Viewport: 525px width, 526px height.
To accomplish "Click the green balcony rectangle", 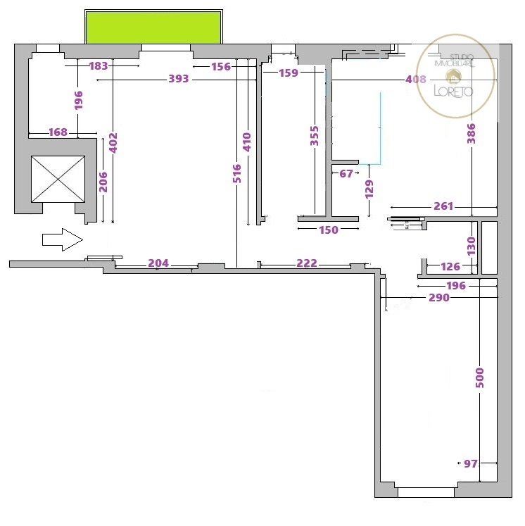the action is [x=153, y=27].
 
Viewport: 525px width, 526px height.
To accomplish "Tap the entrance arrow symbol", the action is [x=63, y=239].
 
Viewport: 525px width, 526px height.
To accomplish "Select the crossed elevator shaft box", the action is [x=58, y=179].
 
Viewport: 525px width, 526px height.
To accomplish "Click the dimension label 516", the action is [x=237, y=173].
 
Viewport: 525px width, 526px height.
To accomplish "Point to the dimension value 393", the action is [x=179, y=79].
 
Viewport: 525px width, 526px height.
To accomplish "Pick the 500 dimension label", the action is [x=480, y=377].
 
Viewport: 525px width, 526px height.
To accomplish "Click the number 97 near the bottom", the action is [x=471, y=463].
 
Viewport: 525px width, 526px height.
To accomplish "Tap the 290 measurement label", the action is [x=439, y=298].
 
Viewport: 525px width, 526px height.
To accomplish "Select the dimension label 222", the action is [x=307, y=263].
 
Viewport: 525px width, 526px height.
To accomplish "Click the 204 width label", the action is [x=158, y=263].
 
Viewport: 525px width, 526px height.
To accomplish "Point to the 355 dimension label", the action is [x=314, y=136].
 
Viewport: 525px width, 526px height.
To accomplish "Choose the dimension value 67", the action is [x=346, y=173].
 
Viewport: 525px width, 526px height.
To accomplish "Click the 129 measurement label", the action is [x=369, y=189].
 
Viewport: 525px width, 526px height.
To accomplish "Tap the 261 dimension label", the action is [x=443, y=206].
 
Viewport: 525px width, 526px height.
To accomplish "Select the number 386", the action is [x=472, y=133].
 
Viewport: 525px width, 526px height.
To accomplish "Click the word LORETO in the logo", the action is [x=453, y=91].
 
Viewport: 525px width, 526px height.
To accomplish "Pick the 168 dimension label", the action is [x=58, y=132].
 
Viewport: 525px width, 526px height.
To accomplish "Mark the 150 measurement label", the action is [x=329, y=230].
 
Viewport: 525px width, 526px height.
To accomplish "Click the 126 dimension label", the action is [x=450, y=267].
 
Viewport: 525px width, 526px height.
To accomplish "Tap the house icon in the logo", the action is [x=453, y=77].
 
